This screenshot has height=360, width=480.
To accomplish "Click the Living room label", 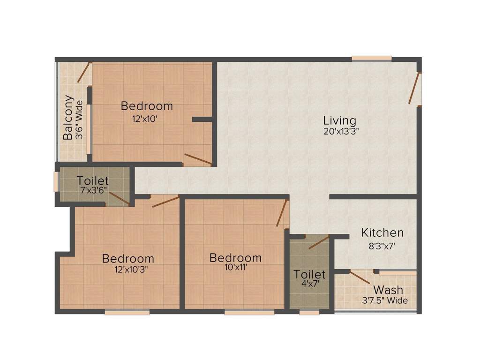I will click(x=339, y=120).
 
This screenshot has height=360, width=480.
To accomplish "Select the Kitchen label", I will click(x=382, y=232).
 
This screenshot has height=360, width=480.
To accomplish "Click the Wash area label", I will click(x=388, y=290).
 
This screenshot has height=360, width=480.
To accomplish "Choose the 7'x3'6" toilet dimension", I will click(x=93, y=190).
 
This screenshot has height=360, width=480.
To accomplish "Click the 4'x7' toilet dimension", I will click(x=309, y=284).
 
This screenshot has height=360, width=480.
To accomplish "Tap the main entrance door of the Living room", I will click(x=414, y=88).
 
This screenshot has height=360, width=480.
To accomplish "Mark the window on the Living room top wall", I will click(x=372, y=58).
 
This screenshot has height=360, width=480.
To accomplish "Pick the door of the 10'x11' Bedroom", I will click(x=282, y=213).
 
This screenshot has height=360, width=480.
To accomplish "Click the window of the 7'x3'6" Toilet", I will click(x=56, y=181).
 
